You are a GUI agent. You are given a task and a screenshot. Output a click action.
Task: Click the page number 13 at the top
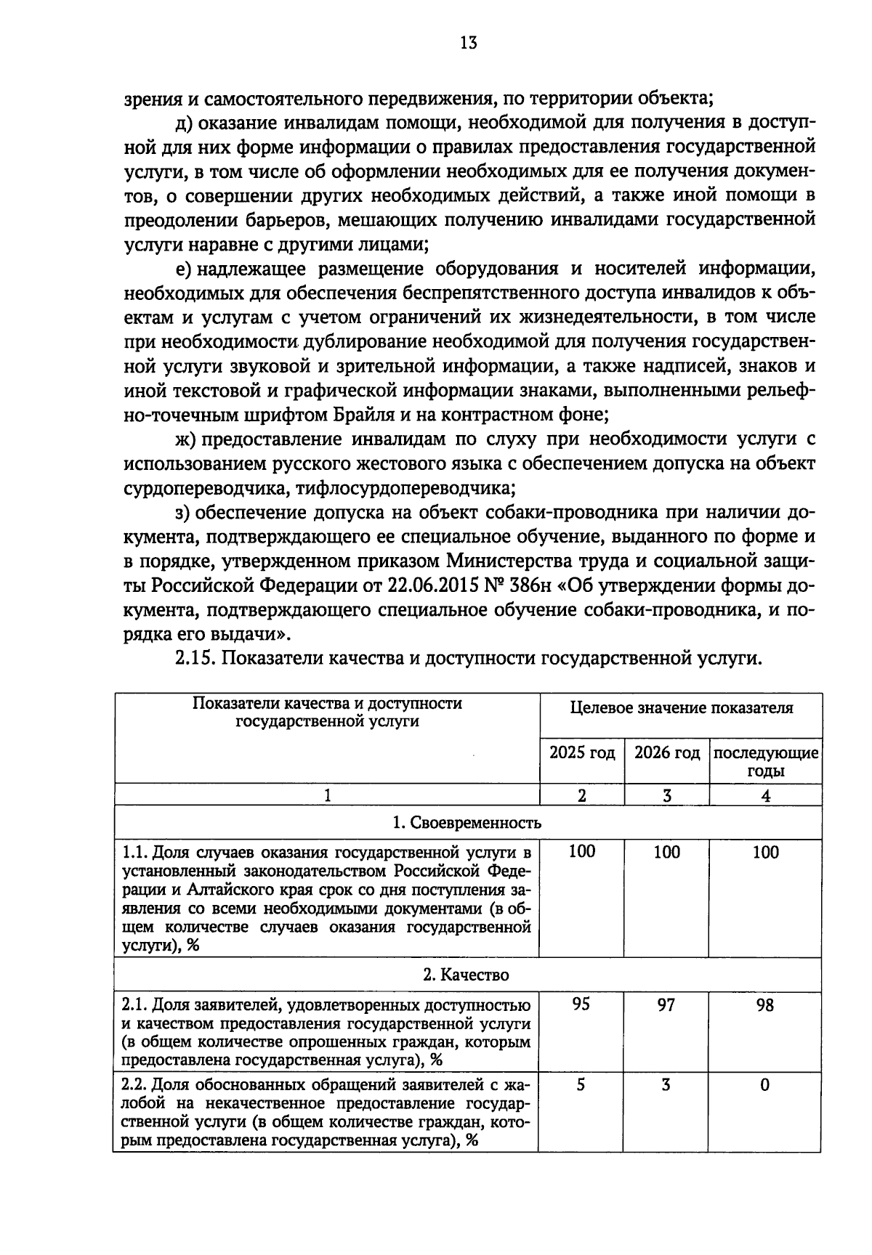point(468,43)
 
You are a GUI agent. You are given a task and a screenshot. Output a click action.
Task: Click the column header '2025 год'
point(581,752)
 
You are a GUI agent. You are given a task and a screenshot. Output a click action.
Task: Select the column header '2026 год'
point(666,752)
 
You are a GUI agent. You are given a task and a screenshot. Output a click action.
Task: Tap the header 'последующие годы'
point(765,761)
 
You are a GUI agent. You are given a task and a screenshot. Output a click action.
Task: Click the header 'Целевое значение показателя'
point(681,707)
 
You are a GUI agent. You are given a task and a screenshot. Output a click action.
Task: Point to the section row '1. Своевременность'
point(467,823)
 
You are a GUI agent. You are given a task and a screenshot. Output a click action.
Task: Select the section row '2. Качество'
point(467,975)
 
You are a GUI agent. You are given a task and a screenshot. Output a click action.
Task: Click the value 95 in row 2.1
point(581,1004)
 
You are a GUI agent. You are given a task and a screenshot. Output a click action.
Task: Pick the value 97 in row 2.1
point(666,1004)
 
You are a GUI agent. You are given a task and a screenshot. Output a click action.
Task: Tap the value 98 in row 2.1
point(765,1004)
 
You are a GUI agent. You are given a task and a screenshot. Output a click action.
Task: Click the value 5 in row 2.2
point(581,1085)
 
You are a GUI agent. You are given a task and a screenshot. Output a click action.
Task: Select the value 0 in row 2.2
point(765,1085)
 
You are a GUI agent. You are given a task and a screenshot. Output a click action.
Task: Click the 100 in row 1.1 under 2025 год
point(581,852)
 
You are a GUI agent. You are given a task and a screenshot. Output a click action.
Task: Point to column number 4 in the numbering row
point(765,795)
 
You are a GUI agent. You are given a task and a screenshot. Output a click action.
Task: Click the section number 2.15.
point(195,658)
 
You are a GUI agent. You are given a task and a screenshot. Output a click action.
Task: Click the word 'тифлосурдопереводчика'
point(403,487)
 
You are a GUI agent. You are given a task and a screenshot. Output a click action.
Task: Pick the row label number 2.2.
point(134,1085)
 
